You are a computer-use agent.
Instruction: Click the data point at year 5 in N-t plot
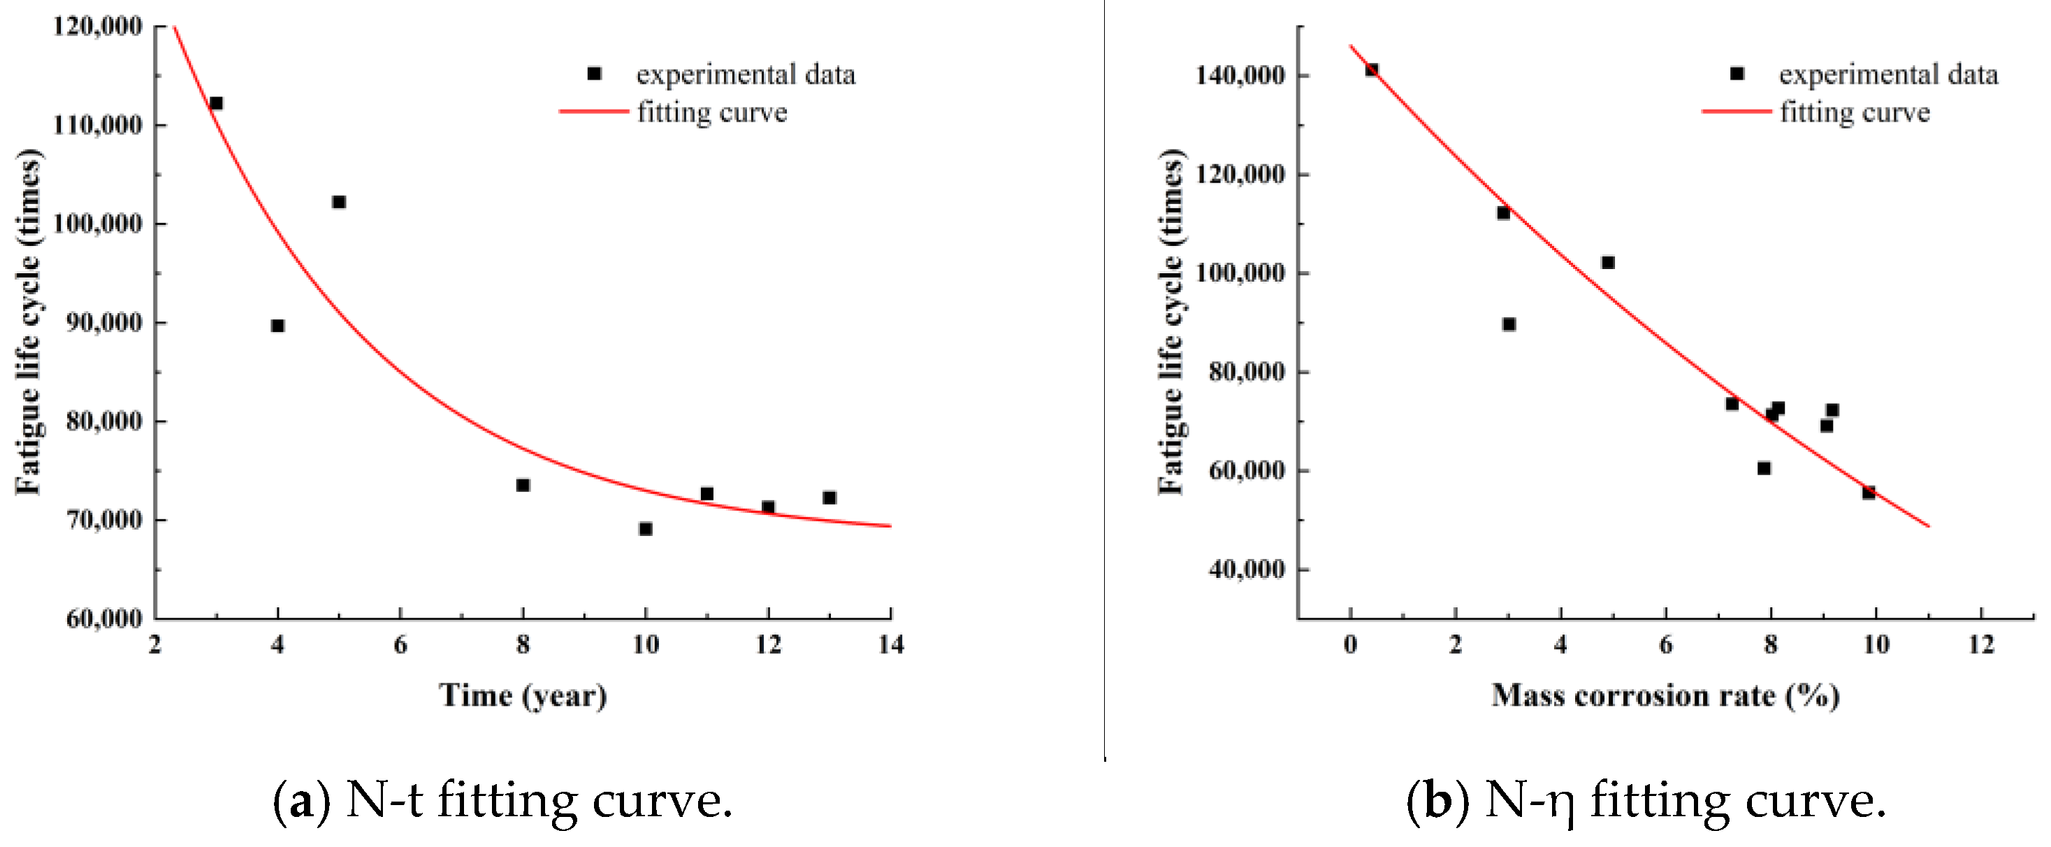[338, 202]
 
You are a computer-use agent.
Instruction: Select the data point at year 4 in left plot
[277, 326]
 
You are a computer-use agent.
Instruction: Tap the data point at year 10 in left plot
[646, 528]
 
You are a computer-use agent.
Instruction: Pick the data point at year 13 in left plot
[829, 498]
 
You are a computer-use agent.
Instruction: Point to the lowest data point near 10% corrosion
[1869, 493]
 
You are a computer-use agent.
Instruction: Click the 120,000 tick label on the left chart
[97, 27]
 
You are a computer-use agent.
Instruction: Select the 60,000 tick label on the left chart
[103, 618]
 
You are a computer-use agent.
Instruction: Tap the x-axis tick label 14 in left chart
[891, 645]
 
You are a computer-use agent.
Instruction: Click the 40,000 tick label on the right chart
[1246, 569]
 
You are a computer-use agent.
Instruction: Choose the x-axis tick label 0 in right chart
[1350, 645]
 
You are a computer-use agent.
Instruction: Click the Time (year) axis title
[522, 696]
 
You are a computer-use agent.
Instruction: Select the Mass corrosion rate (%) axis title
[1665, 696]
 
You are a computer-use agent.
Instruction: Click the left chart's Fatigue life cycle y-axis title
[29, 321]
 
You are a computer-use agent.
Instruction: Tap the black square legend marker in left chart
[594, 73]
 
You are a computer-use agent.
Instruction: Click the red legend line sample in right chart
[1737, 111]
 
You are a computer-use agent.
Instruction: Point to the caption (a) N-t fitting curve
[502, 801]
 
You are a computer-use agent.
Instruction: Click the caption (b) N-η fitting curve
[1646, 801]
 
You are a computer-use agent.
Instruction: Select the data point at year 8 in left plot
[522, 485]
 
